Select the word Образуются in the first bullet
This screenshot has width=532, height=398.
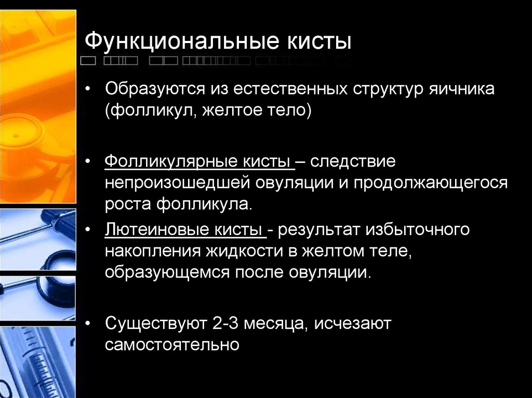(155, 89)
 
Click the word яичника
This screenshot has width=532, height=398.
(462, 89)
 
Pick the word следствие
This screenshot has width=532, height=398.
(353, 161)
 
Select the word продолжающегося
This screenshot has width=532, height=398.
(431, 184)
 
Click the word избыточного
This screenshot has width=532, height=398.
(417, 229)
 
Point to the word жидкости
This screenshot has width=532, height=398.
(251, 252)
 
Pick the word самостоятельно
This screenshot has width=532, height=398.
(172, 345)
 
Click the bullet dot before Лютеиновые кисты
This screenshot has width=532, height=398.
(88, 230)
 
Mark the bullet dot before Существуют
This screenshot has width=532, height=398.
(88, 324)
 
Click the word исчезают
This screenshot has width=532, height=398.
(353, 323)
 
